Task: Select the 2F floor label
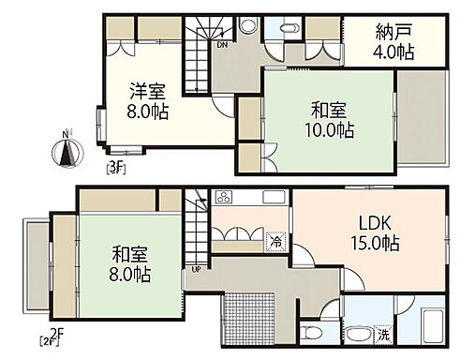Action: coord(53,336)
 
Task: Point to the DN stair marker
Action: coord(221,43)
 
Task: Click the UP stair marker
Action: coord(196,270)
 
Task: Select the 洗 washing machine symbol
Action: coord(385,334)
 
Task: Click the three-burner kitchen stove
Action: coord(226,198)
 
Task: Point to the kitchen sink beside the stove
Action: coord(274,198)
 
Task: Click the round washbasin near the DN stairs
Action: coord(247,25)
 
